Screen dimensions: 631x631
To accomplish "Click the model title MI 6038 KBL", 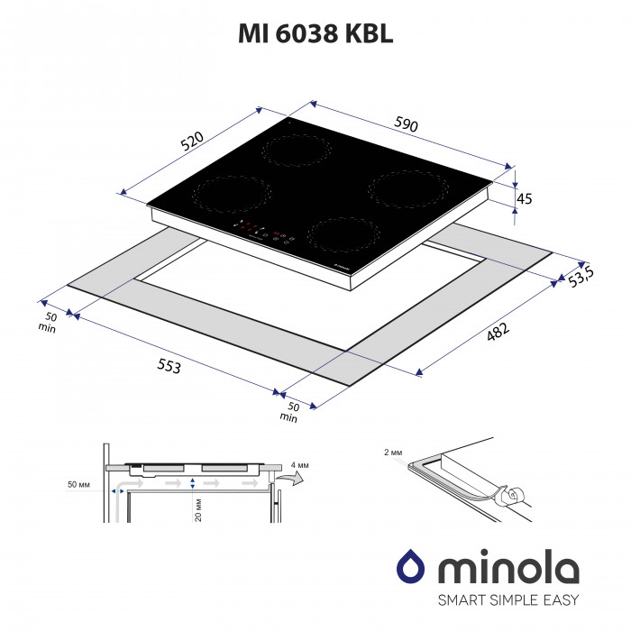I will tap(315, 33).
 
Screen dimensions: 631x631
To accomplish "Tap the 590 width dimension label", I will tap(405, 125).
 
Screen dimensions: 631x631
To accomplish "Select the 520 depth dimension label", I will tap(190, 142).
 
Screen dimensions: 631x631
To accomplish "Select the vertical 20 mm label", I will tap(196, 512).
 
